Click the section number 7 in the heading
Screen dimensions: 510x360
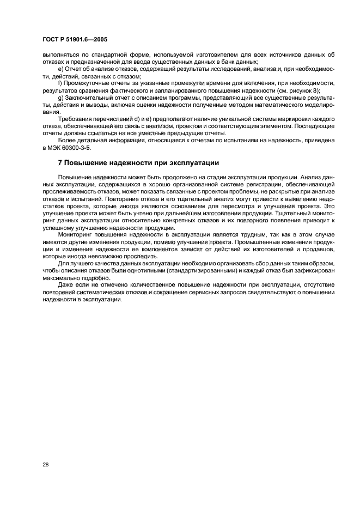click(x=60, y=163)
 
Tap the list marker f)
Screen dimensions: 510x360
click(x=59, y=83)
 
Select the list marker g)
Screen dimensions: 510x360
click(x=59, y=97)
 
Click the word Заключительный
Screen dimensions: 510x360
click(x=88, y=97)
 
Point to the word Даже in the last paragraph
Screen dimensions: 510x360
click(x=66, y=284)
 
